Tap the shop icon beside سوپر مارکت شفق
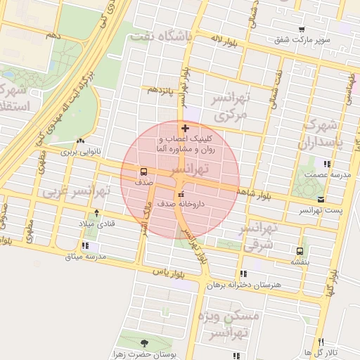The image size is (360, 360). [302, 30]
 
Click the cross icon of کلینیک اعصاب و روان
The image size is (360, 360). [185, 128]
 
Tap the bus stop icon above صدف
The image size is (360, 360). [143, 172]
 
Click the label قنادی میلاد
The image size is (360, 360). [96, 224]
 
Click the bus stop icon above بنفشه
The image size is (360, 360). [300, 250]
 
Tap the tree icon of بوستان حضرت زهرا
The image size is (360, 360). [145, 343]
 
